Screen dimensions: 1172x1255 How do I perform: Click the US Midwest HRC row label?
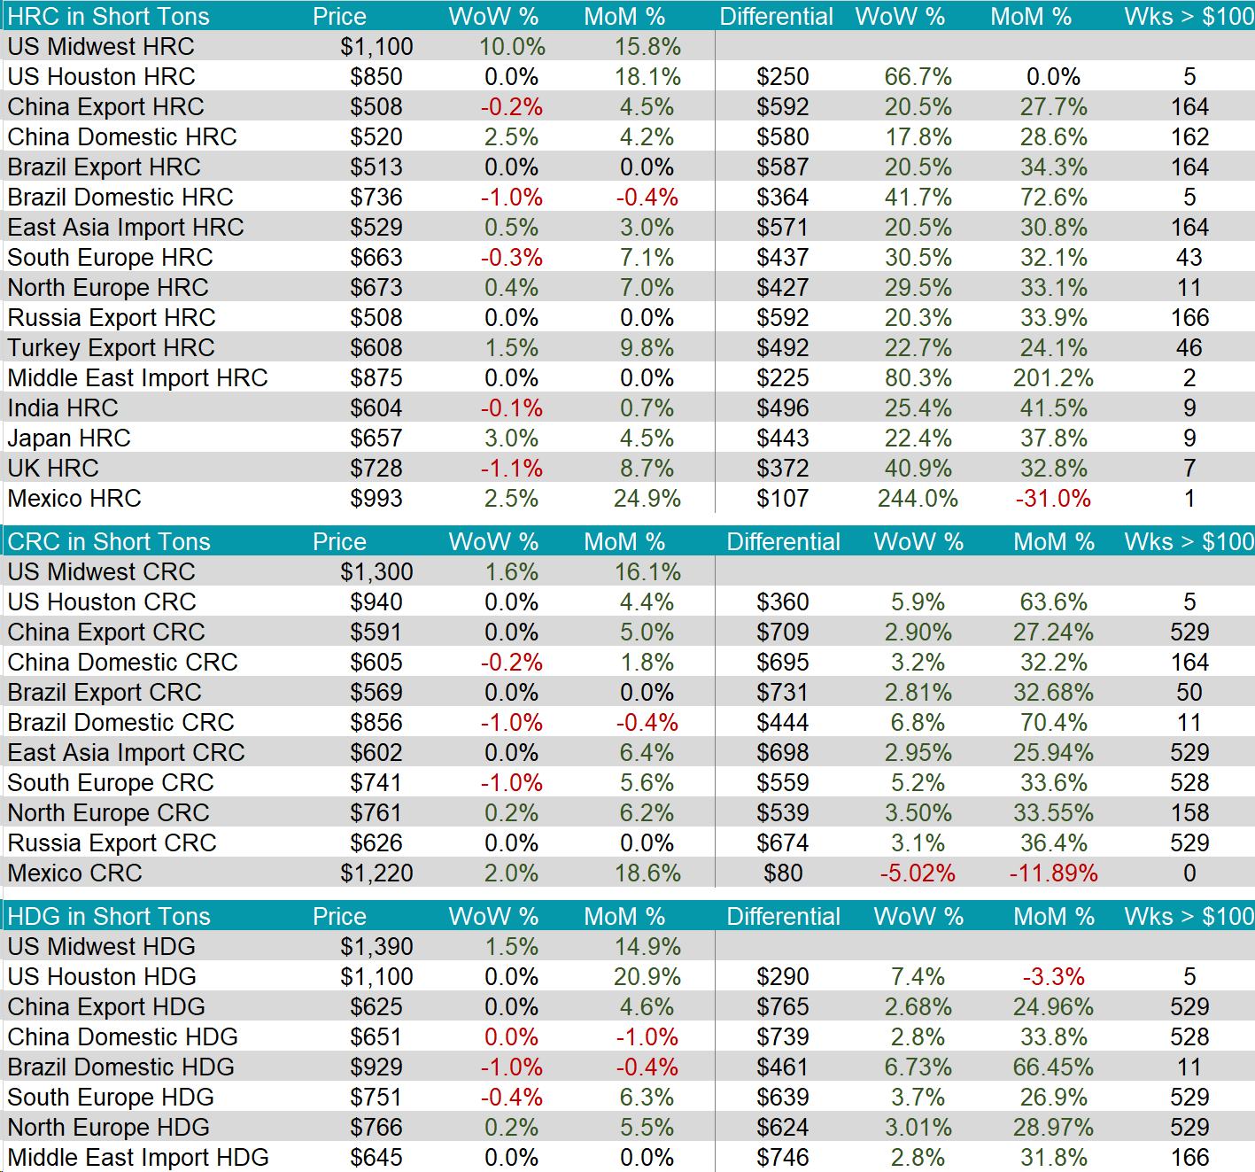[101, 47]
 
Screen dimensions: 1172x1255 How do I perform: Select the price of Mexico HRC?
[376, 499]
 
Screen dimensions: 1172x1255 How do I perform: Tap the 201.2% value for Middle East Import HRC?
[1053, 378]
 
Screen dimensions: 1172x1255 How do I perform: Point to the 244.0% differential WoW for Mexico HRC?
[918, 499]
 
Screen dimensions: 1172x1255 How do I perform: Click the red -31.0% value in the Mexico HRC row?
[1053, 499]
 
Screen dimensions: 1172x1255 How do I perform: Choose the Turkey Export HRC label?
[112, 348]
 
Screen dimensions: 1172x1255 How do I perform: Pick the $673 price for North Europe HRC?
[376, 288]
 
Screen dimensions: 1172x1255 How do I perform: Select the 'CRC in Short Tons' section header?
[109, 541]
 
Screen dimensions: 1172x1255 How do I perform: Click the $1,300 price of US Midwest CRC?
[376, 572]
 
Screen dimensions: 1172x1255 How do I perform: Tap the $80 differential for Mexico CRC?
[783, 873]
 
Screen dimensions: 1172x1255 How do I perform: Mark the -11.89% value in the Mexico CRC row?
[1053, 873]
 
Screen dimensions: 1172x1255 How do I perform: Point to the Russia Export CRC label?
[112, 843]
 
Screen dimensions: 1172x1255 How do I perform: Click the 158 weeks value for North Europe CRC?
[1189, 813]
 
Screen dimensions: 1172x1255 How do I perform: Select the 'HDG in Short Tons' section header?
[109, 916]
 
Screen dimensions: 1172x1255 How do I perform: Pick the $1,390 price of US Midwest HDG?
[376, 947]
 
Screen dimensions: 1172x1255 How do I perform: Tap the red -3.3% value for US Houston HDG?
[1053, 977]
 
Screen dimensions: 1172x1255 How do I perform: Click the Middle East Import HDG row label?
[138, 1158]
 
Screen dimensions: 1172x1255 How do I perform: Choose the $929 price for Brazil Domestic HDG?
[376, 1067]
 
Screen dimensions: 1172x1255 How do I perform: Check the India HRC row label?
[63, 408]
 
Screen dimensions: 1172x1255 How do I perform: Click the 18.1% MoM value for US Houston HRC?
[647, 77]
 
